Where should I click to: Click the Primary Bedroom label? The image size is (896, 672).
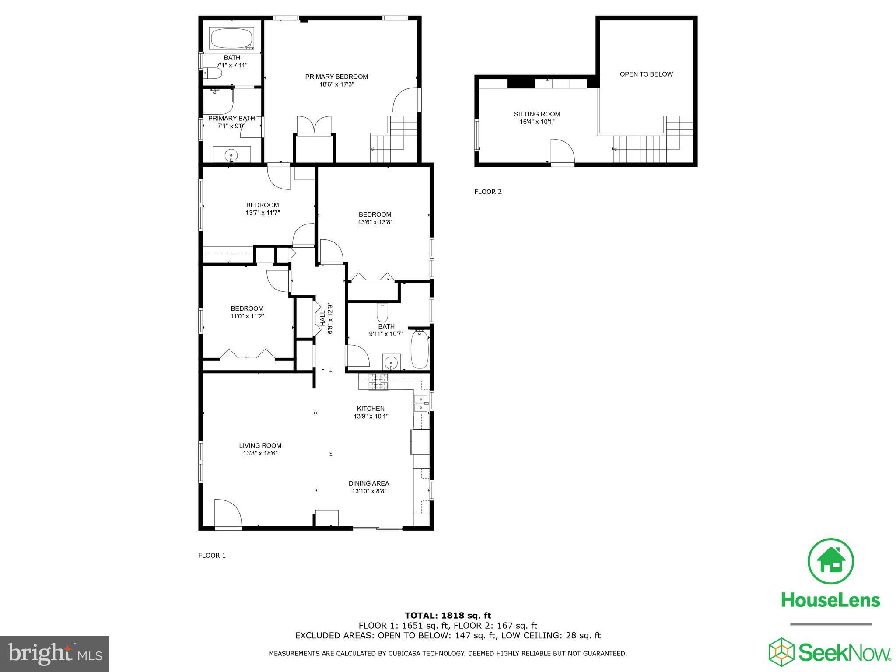pyautogui.click(x=336, y=77)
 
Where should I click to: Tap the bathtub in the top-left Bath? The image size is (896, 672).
pyautogui.click(x=232, y=38)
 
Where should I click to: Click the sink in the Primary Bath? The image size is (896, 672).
pyautogui.click(x=231, y=155)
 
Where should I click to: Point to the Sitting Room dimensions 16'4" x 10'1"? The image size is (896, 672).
pyautogui.click(x=537, y=122)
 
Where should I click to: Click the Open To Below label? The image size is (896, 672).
pyautogui.click(x=646, y=74)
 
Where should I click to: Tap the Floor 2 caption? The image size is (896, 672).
pyautogui.click(x=488, y=192)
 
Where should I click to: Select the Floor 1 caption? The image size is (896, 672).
pyautogui.click(x=212, y=556)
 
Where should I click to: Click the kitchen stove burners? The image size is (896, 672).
pyautogui.click(x=378, y=382)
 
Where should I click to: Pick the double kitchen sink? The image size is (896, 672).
pyautogui.click(x=420, y=403)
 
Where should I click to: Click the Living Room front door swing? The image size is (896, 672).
pyautogui.click(x=227, y=514)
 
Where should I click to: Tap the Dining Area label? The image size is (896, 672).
pyautogui.click(x=368, y=483)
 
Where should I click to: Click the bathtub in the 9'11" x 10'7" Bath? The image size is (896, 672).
pyautogui.click(x=420, y=350)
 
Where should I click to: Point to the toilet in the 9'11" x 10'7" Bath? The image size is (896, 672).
pyautogui.click(x=382, y=313)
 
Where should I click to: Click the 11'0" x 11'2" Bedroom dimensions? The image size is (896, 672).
pyautogui.click(x=247, y=316)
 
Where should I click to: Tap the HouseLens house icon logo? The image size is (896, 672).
pyautogui.click(x=830, y=561)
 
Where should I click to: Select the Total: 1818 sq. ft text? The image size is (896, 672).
pyautogui.click(x=448, y=616)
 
